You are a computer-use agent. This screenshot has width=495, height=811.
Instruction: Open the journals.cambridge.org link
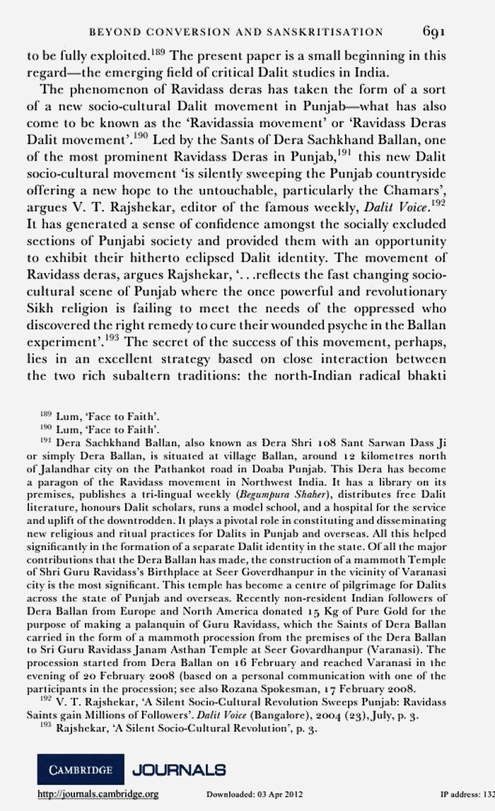point(96,795)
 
